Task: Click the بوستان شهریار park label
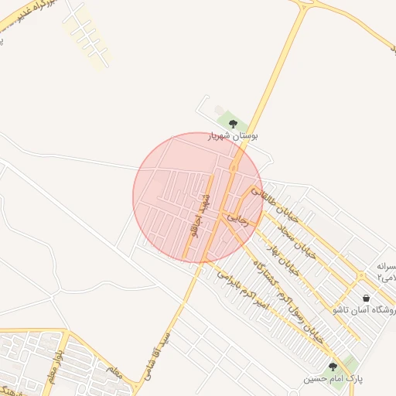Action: (233, 135)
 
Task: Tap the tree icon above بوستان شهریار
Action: (234, 122)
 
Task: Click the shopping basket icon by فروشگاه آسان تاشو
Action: (366, 298)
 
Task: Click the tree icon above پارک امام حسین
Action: (333, 367)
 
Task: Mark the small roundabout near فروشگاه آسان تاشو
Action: (361, 276)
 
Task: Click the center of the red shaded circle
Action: (199, 197)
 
